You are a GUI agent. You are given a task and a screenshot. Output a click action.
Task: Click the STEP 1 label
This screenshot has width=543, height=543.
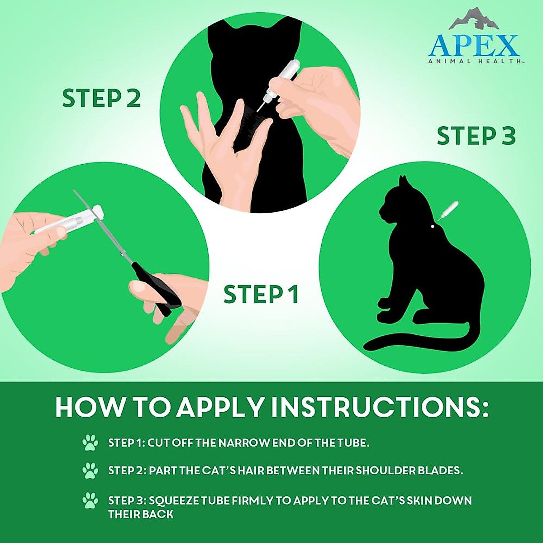[261, 295]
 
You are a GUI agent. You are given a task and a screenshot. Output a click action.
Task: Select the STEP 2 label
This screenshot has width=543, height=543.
[101, 98]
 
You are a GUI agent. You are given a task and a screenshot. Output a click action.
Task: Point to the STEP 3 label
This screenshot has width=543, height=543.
[476, 136]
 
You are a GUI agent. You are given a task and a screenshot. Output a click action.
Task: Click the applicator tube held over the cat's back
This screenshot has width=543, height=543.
[285, 77]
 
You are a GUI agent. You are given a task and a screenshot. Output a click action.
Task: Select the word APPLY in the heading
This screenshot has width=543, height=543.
[219, 408]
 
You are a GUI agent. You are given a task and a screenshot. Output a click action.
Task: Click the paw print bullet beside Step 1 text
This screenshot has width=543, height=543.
[90, 443]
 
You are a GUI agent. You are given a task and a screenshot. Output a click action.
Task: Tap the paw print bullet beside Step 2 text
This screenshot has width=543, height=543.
[90, 471]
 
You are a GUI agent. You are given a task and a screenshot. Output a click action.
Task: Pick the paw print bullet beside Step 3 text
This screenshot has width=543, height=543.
[90, 501]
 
